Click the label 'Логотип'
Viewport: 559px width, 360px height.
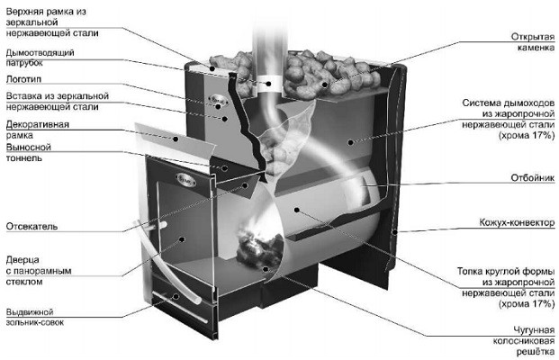click(x=23, y=79)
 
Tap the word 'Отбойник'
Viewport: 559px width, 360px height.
click(x=533, y=177)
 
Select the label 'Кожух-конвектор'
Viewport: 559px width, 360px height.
click(x=517, y=222)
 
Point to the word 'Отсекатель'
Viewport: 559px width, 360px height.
click(x=32, y=226)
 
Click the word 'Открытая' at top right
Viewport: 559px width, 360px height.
click(x=533, y=37)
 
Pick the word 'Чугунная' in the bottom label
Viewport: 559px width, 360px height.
click(x=534, y=330)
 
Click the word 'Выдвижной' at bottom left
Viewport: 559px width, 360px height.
click(x=30, y=312)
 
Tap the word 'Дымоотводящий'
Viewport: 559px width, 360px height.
click(x=40, y=53)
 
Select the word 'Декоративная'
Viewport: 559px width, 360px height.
click(x=38, y=124)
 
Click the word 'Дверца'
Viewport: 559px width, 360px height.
click(x=23, y=260)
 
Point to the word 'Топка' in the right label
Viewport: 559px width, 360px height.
click(x=470, y=271)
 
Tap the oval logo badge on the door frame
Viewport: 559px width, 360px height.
click(x=185, y=179)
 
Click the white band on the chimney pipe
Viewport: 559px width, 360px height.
click(x=269, y=84)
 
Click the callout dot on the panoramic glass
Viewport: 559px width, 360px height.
click(x=182, y=239)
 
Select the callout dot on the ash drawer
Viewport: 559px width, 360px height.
click(x=176, y=296)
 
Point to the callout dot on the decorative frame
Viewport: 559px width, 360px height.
click(x=176, y=139)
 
